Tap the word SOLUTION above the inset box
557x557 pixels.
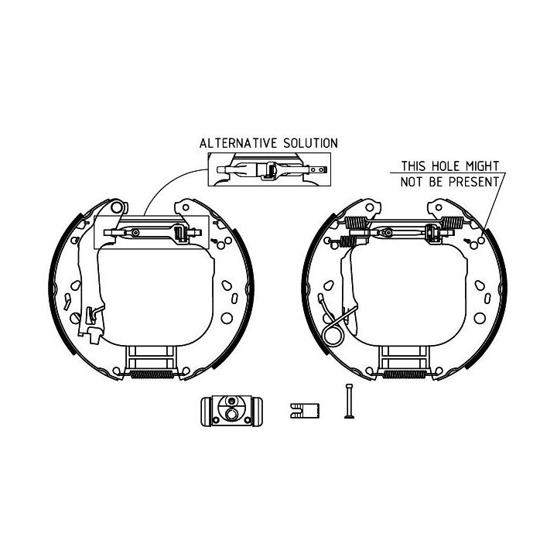310,143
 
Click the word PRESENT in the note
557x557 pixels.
474,182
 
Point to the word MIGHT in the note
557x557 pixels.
483,166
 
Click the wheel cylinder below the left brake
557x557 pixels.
231,411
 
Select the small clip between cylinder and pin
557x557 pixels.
305,411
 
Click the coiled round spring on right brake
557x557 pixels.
333,334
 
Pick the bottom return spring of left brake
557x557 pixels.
152,374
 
